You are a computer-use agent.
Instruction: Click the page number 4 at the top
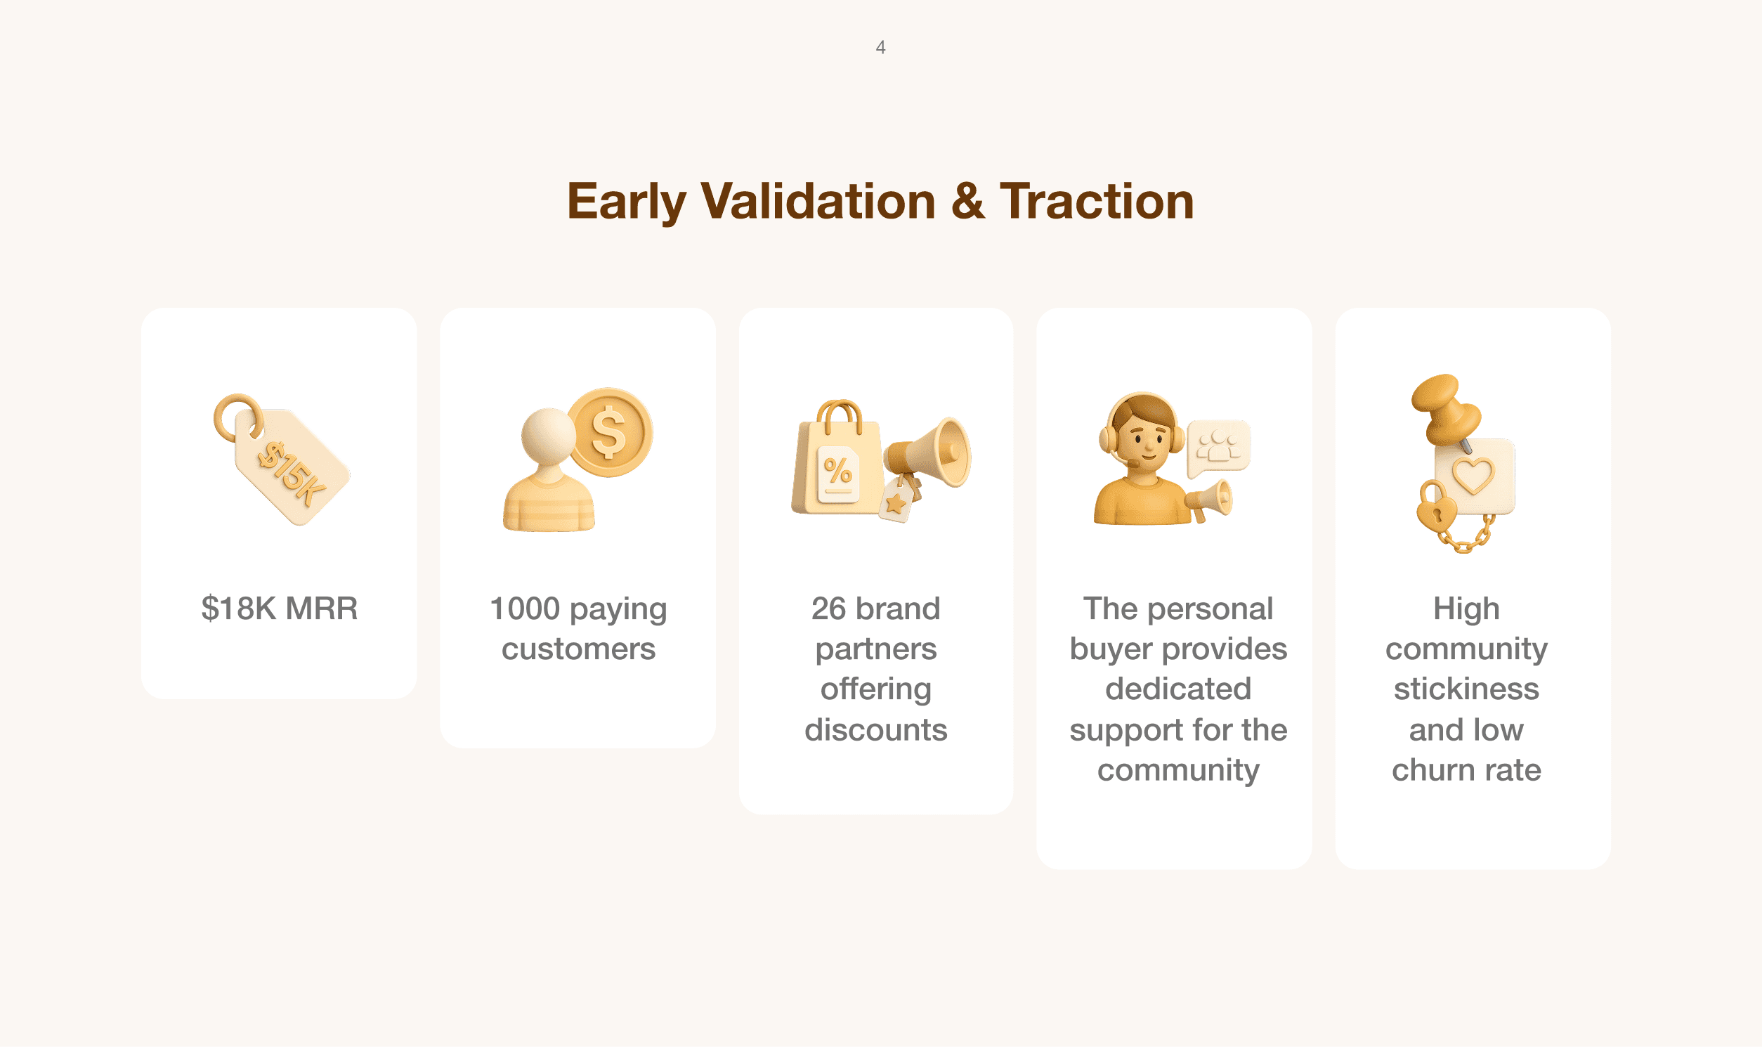click(x=880, y=47)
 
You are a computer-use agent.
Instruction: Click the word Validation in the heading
click(x=818, y=202)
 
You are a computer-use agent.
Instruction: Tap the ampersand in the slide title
click(x=967, y=202)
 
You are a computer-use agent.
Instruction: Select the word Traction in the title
click(x=1097, y=202)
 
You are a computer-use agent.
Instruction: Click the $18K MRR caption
click(x=280, y=608)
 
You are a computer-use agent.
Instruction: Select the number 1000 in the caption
click(x=525, y=608)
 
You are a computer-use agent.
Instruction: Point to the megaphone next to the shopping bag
click(x=928, y=453)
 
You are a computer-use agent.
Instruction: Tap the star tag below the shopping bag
click(x=897, y=500)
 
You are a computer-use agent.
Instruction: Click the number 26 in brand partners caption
click(x=828, y=608)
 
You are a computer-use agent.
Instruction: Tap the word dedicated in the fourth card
click(x=1178, y=689)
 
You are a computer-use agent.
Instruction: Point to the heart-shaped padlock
click(x=1436, y=507)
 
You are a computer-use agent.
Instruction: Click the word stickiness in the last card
click(x=1466, y=689)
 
